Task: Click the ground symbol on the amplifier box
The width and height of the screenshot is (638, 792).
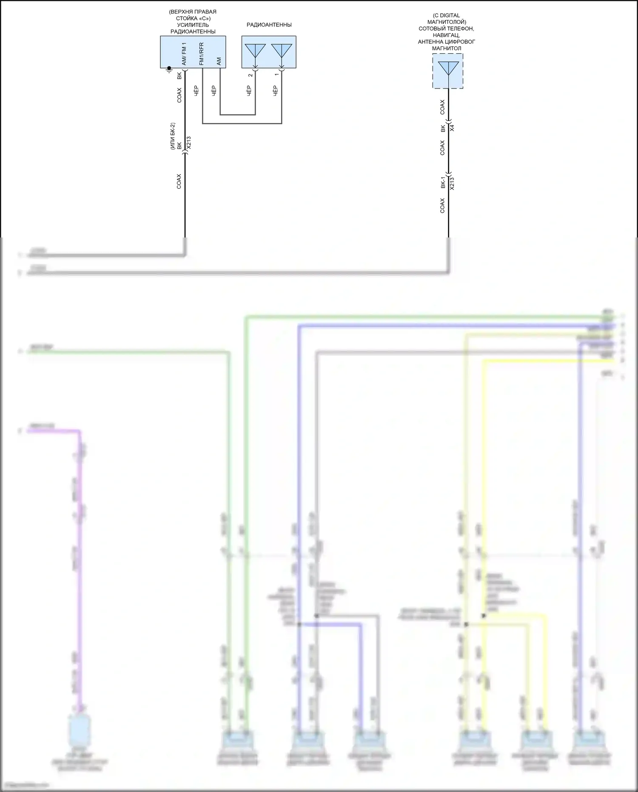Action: click(x=169, y=69)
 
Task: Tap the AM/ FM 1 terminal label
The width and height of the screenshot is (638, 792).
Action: click(x=184, y=54)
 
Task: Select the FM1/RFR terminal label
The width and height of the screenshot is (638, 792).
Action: click(x=202, y=54)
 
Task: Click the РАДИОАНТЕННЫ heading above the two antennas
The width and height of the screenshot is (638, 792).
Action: click(x=269, y=25)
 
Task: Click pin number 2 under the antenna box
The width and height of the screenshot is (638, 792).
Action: click(x=251, y=75)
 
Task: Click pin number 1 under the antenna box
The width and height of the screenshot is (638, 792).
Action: click(x=277, y=75)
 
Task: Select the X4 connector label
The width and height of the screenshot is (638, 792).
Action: click(x=452, y=128)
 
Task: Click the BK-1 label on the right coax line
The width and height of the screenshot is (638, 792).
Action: click(x=443, y=182)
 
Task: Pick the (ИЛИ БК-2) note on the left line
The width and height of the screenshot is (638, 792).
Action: click(x=173, y=136)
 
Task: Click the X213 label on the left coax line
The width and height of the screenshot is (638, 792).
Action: click(x=188, y=143)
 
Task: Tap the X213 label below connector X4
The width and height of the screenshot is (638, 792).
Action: click(x=452, y=183)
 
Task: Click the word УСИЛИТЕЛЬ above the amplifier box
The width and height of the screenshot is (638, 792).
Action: click(x=193, y=25)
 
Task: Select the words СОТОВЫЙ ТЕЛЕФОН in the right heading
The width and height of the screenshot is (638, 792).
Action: click(x=446, y=29)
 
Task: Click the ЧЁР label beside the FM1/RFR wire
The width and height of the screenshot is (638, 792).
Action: click(x=196, y=91)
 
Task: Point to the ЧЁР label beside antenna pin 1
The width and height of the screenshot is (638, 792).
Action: click(x=275, y=91)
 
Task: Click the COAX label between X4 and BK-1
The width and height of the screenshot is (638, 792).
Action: click(x=442, y=148)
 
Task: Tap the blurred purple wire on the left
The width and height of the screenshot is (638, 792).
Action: click(x=80, y=553)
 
